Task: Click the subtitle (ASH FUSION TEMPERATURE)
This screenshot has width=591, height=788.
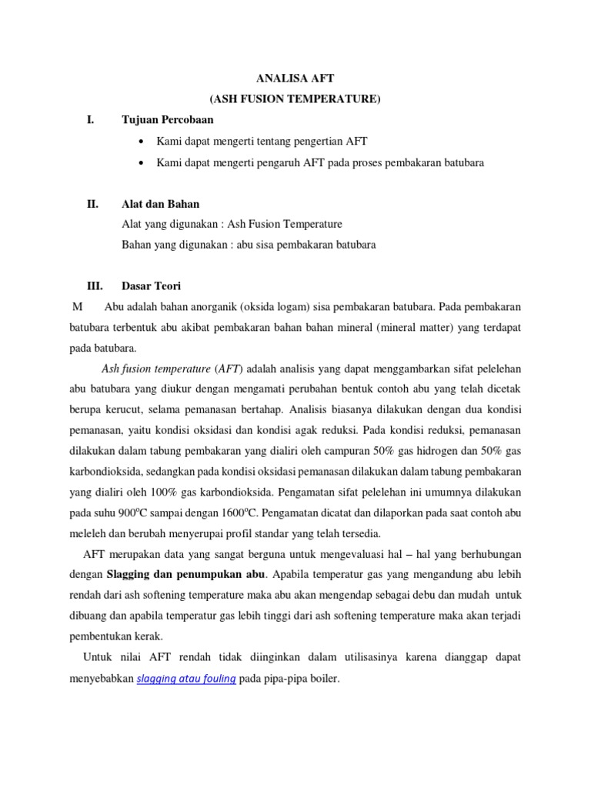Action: point(295,98)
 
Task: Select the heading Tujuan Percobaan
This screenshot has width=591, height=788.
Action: point(168,120)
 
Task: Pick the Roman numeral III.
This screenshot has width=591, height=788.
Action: point(94,286)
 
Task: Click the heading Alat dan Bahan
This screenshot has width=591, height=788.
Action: point(160,204)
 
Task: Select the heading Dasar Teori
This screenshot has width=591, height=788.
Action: point(152,286)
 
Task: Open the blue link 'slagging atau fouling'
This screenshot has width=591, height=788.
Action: point(185,679)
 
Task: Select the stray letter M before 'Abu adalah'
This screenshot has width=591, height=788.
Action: point(77,307)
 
